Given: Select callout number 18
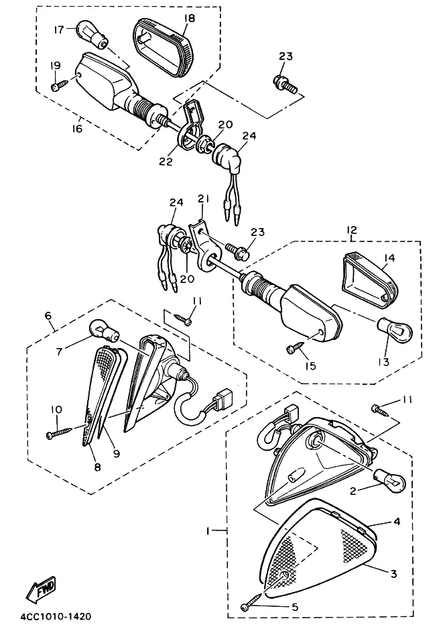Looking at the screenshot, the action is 190,18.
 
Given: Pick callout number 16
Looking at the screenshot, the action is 77,128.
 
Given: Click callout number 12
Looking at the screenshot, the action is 352,230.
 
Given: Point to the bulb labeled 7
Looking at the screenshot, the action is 105,331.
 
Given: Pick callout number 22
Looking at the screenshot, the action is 166,162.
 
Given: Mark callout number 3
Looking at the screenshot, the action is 394,574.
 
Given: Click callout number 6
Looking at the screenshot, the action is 48,316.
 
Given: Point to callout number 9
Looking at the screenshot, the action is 116,453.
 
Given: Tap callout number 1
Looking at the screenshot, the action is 208,531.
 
